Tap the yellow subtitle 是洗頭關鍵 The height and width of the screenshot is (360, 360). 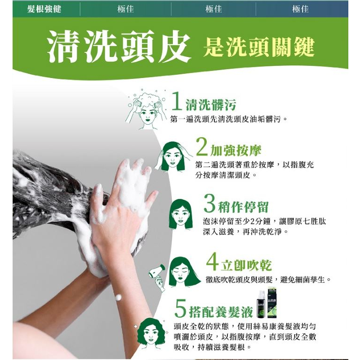click(259, 47)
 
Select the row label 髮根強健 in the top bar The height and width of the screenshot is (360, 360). click(44, 9)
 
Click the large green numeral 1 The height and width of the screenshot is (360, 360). click(176, 101)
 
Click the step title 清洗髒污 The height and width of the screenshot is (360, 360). click(211, 105)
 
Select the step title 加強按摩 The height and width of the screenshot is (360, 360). click(236, 151)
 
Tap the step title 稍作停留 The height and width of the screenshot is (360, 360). click(243, 207)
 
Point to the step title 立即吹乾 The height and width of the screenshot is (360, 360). click(247, 265)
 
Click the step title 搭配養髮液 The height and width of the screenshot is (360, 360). click(221, 312)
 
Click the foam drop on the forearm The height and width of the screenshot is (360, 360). click(118, 297)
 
